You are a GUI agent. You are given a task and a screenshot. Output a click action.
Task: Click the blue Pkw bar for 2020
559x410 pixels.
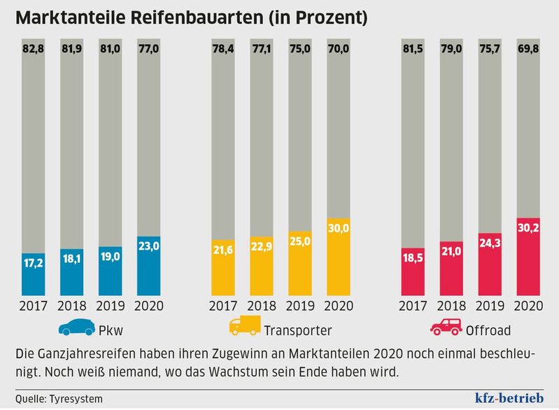tap(149, 266)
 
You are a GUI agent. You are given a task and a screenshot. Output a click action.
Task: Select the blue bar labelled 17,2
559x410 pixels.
tap(35, 274)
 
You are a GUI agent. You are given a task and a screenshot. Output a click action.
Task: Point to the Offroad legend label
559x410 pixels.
tap(488, 330)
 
